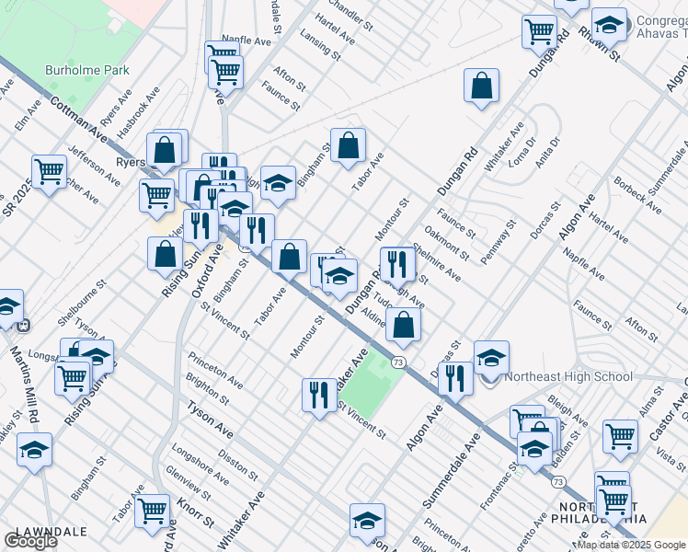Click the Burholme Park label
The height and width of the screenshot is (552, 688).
click(x=88, y=70)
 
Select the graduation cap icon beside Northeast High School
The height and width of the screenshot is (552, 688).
click(x=491, y=357)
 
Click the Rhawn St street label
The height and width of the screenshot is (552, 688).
click(x=600, y=43)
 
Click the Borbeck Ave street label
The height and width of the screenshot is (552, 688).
click(x=637, y=195)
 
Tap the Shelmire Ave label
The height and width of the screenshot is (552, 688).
click(x=436, y=262)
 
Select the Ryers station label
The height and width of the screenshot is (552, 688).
click(x=130, y=163)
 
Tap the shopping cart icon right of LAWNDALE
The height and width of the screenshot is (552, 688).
click(x=152, y=511)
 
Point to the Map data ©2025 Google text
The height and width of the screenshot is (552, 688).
click(x=631, y=545)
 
